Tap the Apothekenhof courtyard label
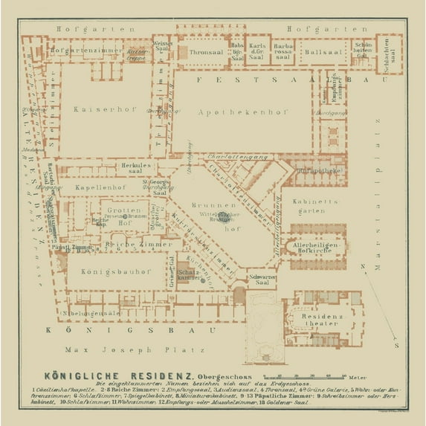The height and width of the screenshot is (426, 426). coord(230,112)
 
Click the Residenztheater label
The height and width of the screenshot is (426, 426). coord(323,320)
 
